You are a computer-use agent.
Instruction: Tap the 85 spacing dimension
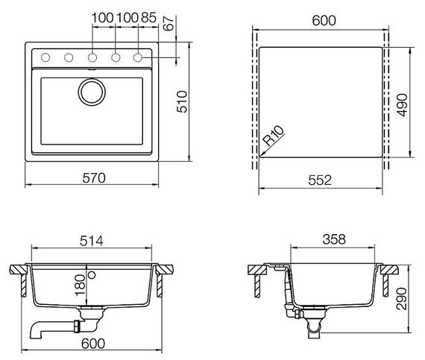click(148, 16)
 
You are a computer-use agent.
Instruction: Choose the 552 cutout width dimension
click(321, 180)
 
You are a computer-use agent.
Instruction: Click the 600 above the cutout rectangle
click(321, 22)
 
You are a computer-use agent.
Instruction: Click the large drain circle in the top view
click(93, 93)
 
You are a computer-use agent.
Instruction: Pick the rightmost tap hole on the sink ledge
click(138, 57)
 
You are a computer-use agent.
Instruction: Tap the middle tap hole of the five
click(92, 57)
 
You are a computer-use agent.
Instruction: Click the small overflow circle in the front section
click(92, 275)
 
